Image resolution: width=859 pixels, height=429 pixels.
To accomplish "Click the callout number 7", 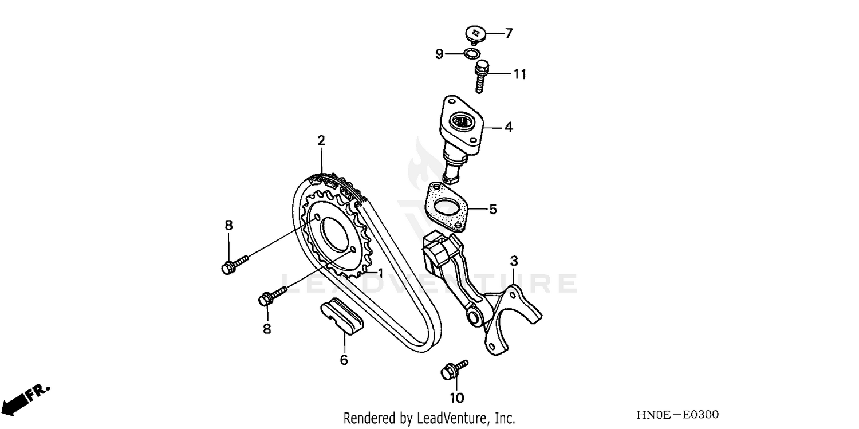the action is tap(509, 33).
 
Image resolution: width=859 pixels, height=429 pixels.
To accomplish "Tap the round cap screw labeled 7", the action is tap(475, 33).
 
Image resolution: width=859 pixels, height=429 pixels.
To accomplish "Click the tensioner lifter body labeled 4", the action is tap(461, 126).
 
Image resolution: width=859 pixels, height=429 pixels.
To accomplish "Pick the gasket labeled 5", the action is tap(447, 207).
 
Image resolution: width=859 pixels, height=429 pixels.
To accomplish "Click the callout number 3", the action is tap(514, 261).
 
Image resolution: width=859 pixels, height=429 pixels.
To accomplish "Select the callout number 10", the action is tap(457, 397).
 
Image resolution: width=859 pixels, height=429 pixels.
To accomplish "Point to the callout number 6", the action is tap(344, 360).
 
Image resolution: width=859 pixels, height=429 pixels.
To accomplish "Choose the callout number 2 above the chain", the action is tap(321, 140).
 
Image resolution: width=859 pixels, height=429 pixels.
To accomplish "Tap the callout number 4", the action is tap(509, 127).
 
